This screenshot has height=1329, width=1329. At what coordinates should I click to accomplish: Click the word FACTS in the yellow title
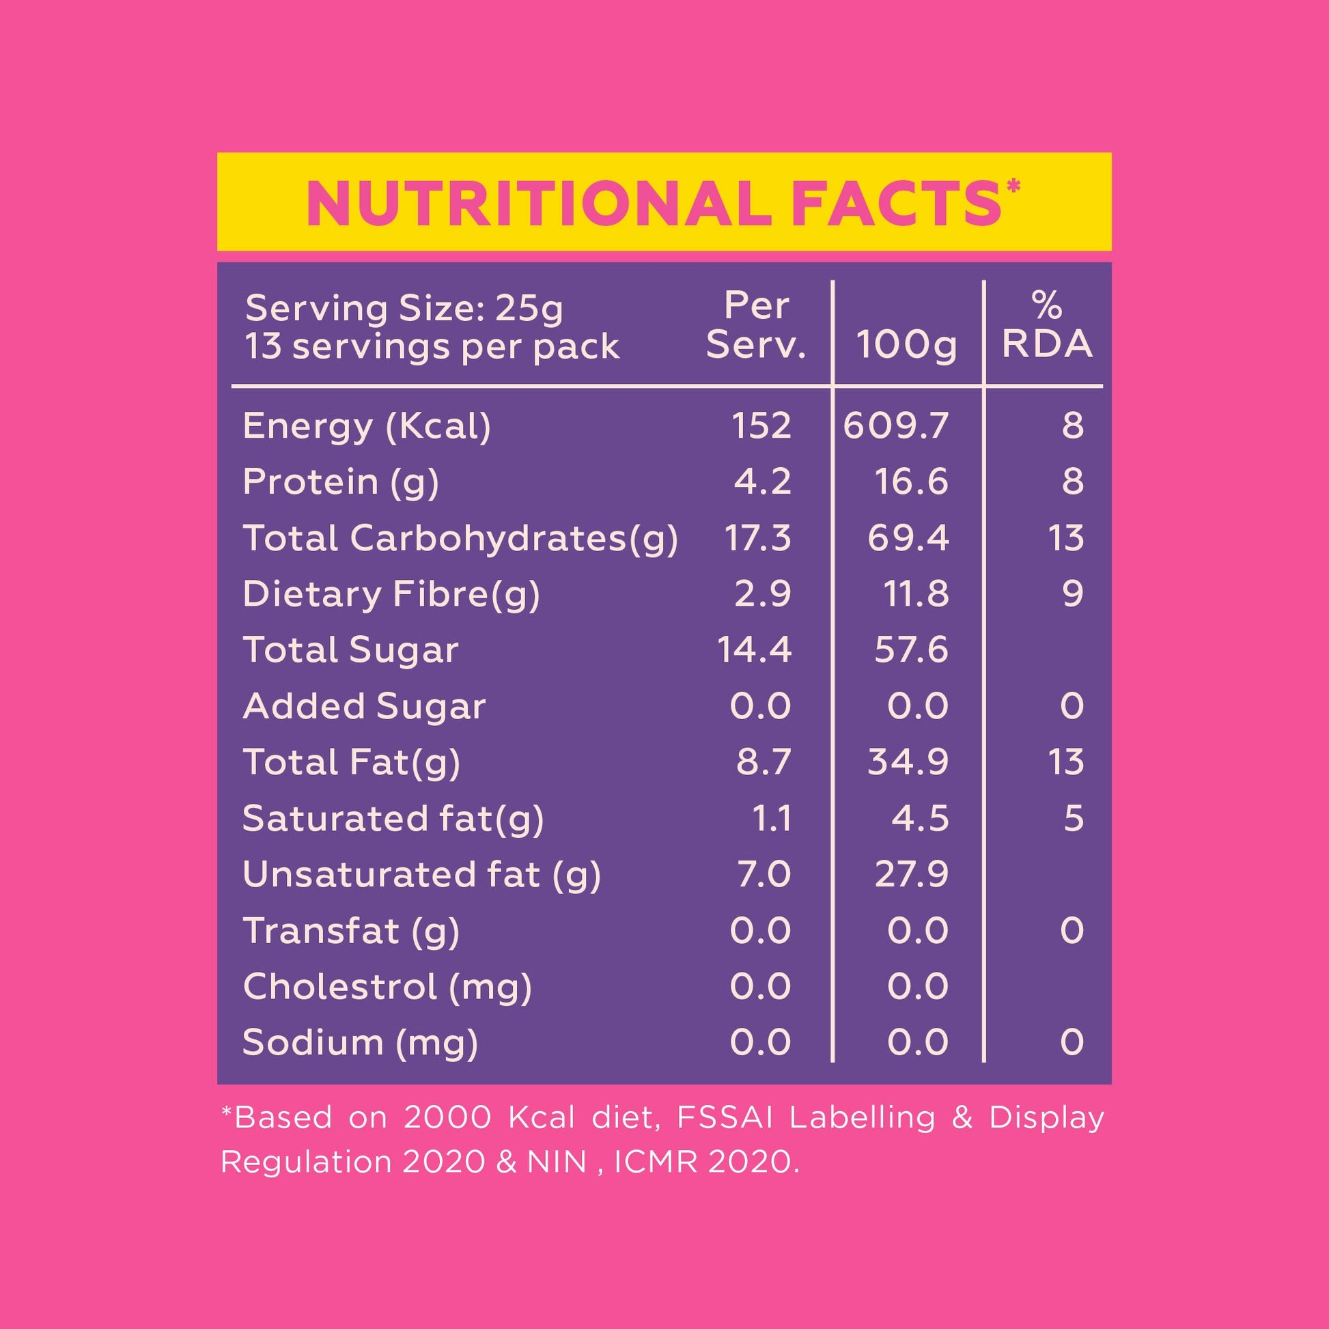point(896,204)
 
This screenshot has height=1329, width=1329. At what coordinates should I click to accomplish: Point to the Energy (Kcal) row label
point(367,426)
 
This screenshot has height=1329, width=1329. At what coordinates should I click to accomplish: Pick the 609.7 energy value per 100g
point(895,425)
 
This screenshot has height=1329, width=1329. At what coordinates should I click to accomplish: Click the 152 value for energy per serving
point(761,425)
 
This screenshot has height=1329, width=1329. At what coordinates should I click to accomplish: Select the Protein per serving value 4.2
point(762,481)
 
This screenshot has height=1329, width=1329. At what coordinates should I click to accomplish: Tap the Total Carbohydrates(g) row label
point(460,538)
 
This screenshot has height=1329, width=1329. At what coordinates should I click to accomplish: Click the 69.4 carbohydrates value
point(908,538)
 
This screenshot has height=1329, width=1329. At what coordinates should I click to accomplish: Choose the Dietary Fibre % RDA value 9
point(1072,593)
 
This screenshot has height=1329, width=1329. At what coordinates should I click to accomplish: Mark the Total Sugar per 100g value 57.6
point(911,650)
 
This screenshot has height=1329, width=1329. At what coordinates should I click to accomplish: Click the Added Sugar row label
point(364,706)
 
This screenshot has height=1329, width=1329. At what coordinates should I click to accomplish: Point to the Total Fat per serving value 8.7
point(764,762)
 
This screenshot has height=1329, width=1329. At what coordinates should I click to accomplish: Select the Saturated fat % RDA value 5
point(1073,819)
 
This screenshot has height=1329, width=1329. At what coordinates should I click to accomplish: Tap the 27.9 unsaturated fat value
point(912,874)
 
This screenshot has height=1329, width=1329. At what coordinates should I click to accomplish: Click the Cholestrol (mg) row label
point(387,987)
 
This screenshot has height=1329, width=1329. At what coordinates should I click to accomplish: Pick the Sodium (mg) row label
point(360,1043)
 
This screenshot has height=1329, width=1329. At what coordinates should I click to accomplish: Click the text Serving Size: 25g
point(404,308)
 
